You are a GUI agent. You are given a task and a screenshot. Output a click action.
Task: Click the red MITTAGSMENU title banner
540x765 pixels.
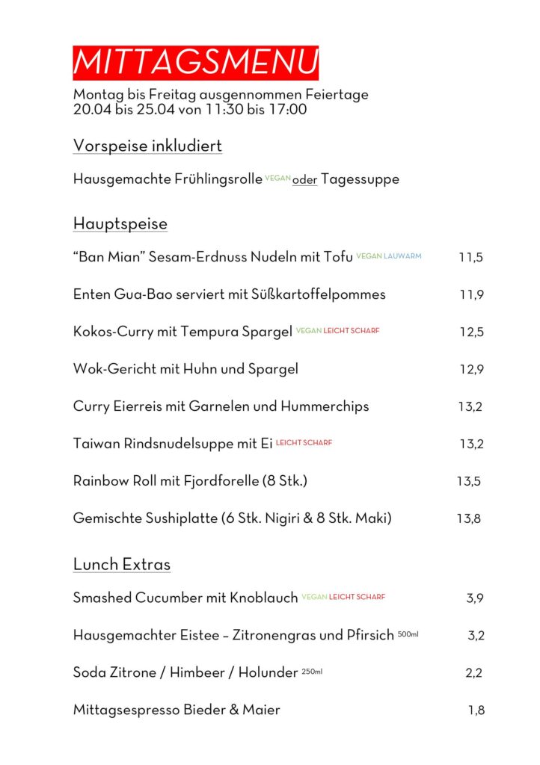pyautogui.click(x=195, y=63)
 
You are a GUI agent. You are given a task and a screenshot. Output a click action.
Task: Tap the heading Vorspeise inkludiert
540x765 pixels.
pyautogui.click(x=147, y=146)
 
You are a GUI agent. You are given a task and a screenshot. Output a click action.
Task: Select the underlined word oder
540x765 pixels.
pyautogui.click(x=304, y=180)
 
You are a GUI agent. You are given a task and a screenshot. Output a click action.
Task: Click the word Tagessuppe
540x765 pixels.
pyautogui.click(x=360, y=179)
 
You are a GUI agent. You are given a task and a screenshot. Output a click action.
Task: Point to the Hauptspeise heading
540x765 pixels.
pyautogui.click(x=120, y=223)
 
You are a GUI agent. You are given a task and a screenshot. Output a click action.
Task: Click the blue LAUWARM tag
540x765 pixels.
pyautogui.click(x=402, y=255)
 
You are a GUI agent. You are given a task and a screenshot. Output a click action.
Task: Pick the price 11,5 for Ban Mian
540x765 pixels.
pyautogui.click(x=471, y=257)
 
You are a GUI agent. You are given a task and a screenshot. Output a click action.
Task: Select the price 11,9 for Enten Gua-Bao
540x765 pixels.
pyautogui.click(x=471, y=294)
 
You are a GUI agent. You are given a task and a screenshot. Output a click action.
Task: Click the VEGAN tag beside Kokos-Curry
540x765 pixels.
pyautogui.click(x=308, y=330)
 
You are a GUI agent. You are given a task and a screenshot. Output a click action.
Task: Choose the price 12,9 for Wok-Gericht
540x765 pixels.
pyautogui.click(x=471, y=369)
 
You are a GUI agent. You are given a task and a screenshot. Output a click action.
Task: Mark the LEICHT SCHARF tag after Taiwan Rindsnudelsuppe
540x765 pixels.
pyautogui.click(x=304, y=442)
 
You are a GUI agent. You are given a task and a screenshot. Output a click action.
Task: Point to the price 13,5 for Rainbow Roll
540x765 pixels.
pyautogui.click(x=469, y=481)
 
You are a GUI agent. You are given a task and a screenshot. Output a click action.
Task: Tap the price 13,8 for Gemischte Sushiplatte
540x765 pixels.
pyautogui.click(x=469, y=518)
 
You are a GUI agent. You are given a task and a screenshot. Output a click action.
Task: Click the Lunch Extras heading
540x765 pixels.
pyautogui.click(x=122, y=564)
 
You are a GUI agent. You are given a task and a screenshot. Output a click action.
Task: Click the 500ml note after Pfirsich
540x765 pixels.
pyautogui.click(x=408, y=634)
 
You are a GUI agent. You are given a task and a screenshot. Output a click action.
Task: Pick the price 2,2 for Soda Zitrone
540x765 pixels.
pyautogui.click(x=473, y=673)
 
